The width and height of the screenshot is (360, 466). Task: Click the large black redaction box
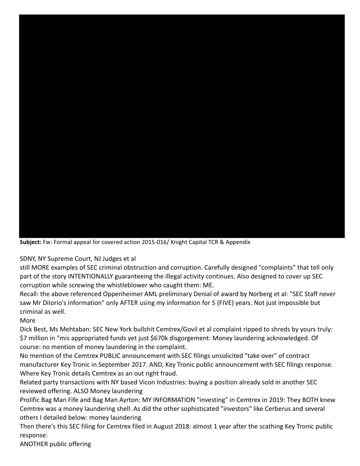182,126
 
